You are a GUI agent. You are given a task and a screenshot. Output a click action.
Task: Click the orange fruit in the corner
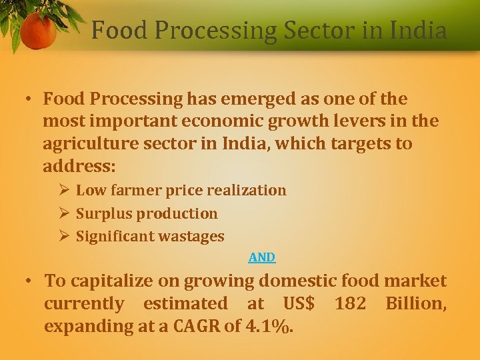tap(38, 31)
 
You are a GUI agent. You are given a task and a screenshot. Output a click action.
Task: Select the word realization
tap(247, 190)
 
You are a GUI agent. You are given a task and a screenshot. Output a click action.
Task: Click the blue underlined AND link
tap(262, 257)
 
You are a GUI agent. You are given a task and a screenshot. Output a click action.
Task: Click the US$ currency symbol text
tap(299, 303)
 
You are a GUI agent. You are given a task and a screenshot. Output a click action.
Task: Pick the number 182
tap(350, 303)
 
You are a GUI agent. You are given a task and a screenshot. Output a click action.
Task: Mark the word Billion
tap(415, 303)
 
